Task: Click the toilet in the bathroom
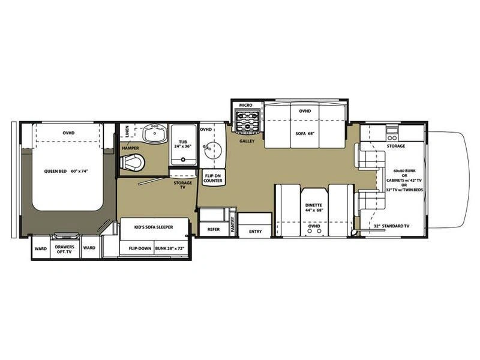click(132, 162)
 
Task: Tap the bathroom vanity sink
click(155, 133)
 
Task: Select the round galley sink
click(213, 150)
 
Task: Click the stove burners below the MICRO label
click(247, 122)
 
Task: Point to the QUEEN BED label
click(66, 171)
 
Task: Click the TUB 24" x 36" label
click(183, 144)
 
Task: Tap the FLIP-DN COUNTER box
click(213, 178)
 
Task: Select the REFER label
click(214, 229)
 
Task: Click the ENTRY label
click(256, 232)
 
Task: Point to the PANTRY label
click(232, 224)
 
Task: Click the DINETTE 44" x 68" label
click(314, 208)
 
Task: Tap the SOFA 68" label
click(305, 133)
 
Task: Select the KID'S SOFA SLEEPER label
click(154, 227)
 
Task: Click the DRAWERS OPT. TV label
click(65, 249)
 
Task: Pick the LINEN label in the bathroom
click(127, 131)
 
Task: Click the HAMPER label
click(130, 148)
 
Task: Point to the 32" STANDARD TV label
click(392, 226)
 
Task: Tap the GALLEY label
click(247, 141)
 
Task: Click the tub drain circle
click(183, 160)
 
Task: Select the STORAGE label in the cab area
click(396, 146)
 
